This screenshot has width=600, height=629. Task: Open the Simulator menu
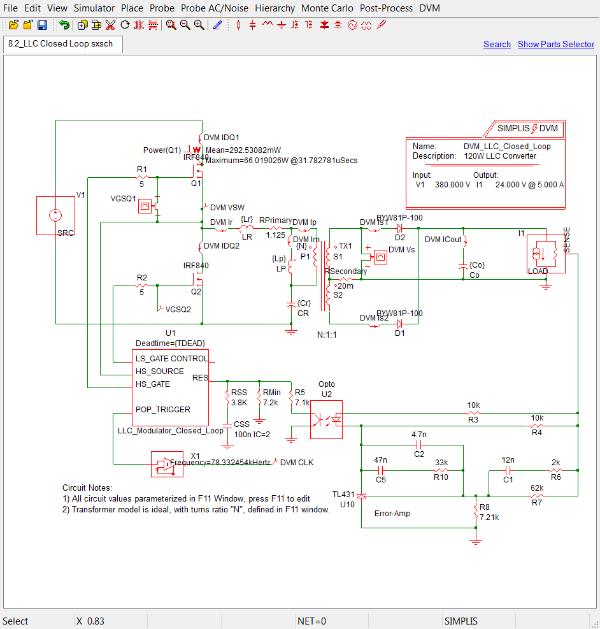94,8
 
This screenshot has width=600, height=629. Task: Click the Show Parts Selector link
555,44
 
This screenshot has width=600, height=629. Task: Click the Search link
497,44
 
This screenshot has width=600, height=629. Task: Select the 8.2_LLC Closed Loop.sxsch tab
63,44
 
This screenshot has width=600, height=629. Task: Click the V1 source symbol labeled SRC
55,216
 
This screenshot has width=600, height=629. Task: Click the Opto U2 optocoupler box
326,419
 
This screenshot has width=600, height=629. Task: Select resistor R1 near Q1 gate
142,177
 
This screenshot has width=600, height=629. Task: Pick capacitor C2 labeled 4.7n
418,444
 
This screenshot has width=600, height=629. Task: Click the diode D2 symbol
400,228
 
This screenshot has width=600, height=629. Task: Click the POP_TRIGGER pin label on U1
163,410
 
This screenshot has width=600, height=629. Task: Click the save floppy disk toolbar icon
42,25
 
